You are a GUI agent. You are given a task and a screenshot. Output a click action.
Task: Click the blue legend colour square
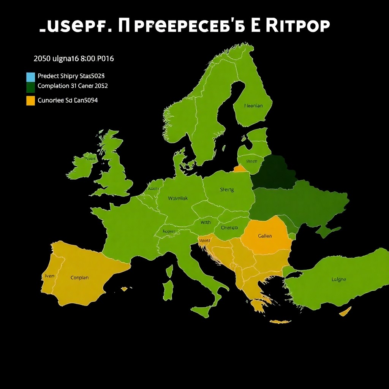[x=30, y=77]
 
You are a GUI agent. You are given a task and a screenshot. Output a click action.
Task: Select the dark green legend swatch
[x=30, y=87]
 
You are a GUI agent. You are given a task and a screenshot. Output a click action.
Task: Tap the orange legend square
[x=30, y=101]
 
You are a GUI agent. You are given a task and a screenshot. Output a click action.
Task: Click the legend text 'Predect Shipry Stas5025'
[x=71, y=76]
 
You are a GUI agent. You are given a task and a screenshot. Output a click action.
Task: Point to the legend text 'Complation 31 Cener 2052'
[x=73, y=86]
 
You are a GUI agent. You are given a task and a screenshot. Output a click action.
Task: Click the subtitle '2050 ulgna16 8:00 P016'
[x=74, y=59]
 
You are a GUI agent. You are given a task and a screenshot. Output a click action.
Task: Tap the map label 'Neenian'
[x=253, y=106]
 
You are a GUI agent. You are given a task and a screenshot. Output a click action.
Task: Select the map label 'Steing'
[x=227, y=190]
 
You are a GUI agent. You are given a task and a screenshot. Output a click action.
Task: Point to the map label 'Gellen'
[x=265, y=236]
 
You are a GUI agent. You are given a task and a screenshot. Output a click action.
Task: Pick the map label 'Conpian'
[x=80, y=278]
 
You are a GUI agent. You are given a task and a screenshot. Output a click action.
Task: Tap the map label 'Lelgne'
[x=339, y=279]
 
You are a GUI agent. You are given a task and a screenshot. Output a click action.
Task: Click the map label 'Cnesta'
[x=229, y=228]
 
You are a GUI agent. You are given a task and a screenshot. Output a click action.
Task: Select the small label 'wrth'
[x=206, y=222]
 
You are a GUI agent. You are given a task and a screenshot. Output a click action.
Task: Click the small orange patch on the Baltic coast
[x=240, y=168]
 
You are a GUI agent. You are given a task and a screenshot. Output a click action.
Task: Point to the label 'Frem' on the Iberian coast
[x=49, y=276]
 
